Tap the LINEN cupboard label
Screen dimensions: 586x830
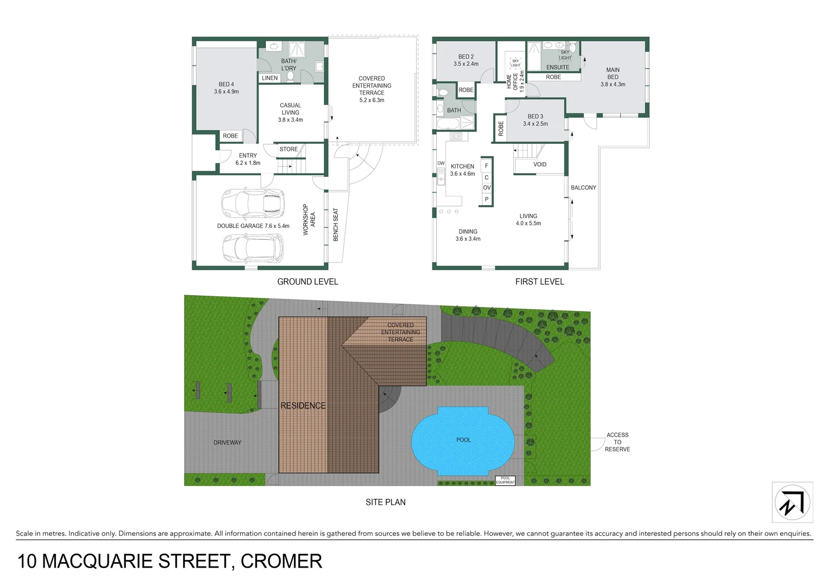(269, 78)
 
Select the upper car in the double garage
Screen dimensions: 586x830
(253, 202)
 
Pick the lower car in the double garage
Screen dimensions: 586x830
(253, 248)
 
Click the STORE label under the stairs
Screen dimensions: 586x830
(288, 149)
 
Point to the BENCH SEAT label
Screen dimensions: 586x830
(336, 225)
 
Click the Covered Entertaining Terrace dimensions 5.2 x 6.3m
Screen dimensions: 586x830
(372, 100)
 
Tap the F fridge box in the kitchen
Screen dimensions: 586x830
(487, 165)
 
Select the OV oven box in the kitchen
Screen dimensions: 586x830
(487, 188)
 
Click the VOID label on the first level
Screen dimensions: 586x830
(539, 164)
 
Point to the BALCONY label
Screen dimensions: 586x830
(583, 188)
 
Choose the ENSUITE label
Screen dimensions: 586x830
(558, 67)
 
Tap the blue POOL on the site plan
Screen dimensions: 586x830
(463, 440)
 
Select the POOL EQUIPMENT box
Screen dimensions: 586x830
(505, 481)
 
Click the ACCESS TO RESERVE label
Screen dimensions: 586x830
(618, 442)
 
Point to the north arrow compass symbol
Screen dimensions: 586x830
(792, 502)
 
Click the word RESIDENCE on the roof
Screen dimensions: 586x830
(303, 406)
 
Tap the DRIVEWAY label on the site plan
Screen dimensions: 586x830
(227, 443)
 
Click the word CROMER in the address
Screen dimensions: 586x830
(281, 562)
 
